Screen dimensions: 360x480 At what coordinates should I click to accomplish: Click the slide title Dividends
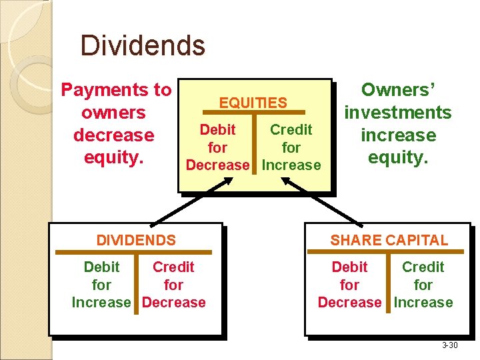pos(143,46)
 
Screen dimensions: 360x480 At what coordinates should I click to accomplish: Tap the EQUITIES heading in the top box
pos(253,103)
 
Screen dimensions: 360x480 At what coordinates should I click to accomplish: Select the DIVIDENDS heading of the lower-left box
pos(136,240)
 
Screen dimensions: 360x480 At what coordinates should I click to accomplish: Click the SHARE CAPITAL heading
pos(389,240)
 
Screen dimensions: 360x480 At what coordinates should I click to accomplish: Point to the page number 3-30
pos(449,345)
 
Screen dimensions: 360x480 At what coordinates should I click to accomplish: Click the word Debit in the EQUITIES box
pos(217,129)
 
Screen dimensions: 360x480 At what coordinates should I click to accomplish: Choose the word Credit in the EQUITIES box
pos(291,129)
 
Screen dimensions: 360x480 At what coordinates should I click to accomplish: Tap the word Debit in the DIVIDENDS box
pos(101,267)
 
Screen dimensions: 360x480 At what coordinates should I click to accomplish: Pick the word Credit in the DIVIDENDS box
pos(173,267)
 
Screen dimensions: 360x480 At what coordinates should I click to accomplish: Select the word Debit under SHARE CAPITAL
pos(349,267)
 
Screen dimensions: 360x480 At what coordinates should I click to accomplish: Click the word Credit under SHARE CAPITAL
pos(423,267)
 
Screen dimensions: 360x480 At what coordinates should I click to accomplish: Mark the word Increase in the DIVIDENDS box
pos(101,303)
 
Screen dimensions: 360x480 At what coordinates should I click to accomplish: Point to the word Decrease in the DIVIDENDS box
pos(174,303)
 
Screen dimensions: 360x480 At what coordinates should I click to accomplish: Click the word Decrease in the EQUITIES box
pos(217,165)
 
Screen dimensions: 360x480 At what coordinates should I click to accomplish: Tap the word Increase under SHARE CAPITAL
pos(423,303)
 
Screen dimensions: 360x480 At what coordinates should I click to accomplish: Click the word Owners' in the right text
pos(398,90)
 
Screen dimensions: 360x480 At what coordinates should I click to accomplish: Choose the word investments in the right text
pos(398,113)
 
